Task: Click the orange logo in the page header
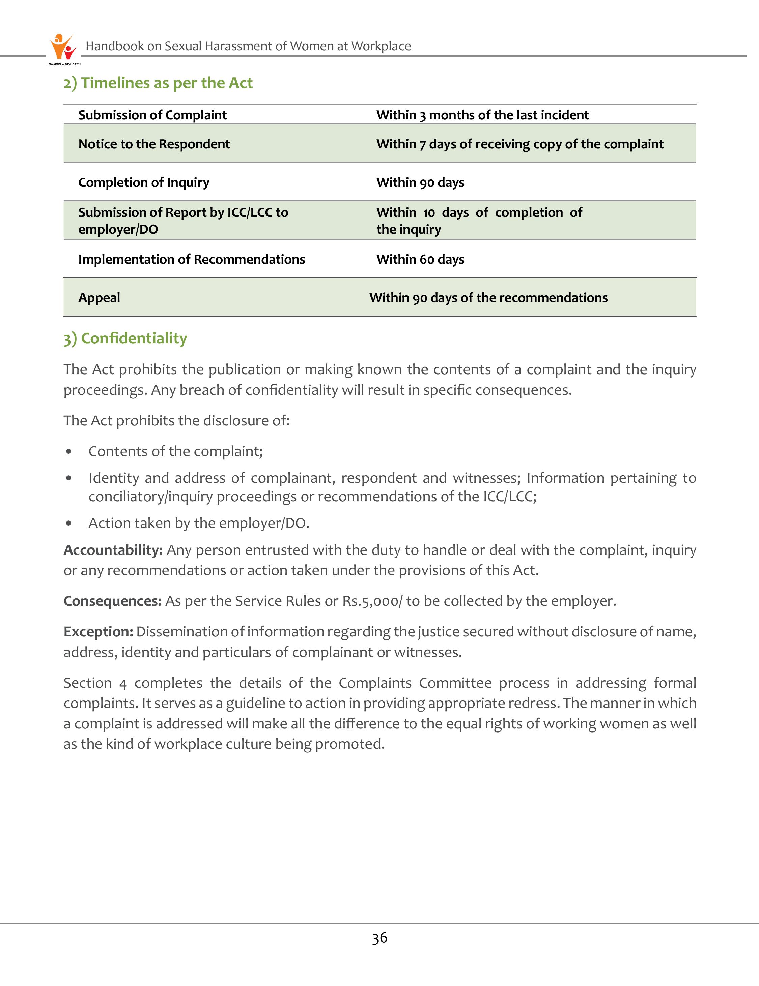63,47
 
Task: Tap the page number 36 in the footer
379,938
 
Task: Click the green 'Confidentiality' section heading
125,338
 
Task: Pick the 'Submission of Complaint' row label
152,115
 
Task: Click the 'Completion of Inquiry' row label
144,182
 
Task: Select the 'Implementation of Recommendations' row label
192,259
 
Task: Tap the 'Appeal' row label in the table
99,298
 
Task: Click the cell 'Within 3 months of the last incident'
482,115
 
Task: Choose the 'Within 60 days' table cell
420,259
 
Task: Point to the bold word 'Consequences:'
112,601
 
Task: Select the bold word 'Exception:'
99,632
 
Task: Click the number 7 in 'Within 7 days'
422,145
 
